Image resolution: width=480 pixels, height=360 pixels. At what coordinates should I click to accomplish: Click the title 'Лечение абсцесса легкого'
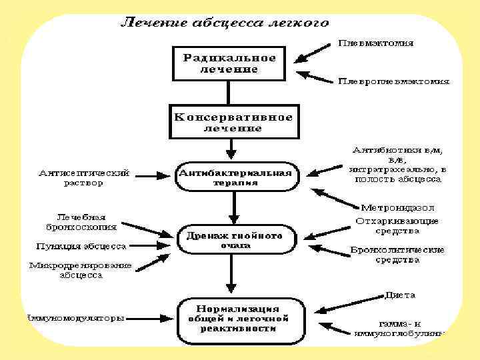pyautogui.click(x=225, y=23)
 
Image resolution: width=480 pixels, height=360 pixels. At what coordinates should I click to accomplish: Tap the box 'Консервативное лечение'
pyautogui.click(x=233, y=122)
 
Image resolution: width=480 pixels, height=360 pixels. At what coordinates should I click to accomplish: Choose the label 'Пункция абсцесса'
pyautogui.click(x=81, y=246)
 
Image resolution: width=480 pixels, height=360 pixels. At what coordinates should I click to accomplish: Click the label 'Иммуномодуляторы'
pyautogui.click(x=74, y=318)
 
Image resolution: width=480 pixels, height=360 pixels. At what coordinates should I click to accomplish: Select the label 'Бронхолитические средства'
pyautogui.click(x=397, y=255)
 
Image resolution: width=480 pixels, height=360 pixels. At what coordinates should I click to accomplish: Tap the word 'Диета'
pyautogui.click(x=400, y=295)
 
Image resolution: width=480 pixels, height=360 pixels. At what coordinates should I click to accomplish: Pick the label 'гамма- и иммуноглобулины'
pyautogui.click(x=399, y=327)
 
